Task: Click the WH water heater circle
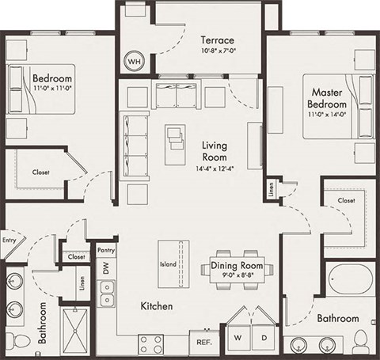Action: [x=134, y=61]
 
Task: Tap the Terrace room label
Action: [x=215, y=40]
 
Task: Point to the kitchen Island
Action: [x=169, y=264]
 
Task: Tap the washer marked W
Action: [x=238, y=338]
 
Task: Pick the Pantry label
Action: [x=106, y=250]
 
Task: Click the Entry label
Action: [x=9, y=241]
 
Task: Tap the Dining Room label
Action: [x=237, y=266]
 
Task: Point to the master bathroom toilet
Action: [x=361, y=341]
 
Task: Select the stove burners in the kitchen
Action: [x=151, y=344]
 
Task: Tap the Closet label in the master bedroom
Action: [x=347, y=201]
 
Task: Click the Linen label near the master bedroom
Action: [x=270, y=190]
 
